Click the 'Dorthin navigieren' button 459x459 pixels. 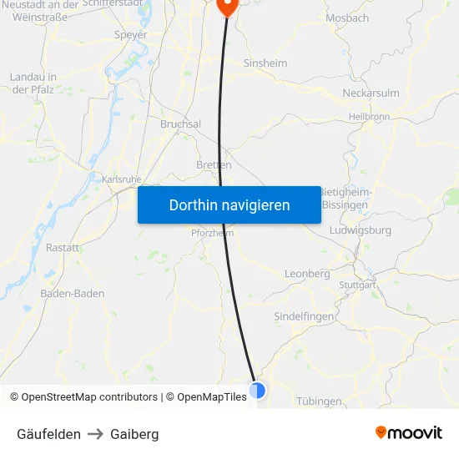229,204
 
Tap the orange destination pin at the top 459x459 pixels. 227,6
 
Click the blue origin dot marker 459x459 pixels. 257,390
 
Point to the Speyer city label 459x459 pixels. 130,35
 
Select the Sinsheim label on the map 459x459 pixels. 265,63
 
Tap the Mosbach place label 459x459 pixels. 348,18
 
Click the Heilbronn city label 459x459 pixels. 369,117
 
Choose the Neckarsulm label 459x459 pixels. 371,93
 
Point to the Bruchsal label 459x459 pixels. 180,124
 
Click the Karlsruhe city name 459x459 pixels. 122,179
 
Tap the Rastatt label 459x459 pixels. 63,248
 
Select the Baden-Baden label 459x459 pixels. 72,293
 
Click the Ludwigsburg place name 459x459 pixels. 361,229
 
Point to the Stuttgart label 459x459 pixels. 358,285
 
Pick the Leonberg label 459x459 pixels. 307,274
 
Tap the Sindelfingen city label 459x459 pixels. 305,316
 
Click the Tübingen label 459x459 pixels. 319,401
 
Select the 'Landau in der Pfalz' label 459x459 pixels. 33,83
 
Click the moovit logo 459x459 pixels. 409,433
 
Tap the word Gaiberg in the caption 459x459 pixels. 134,434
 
